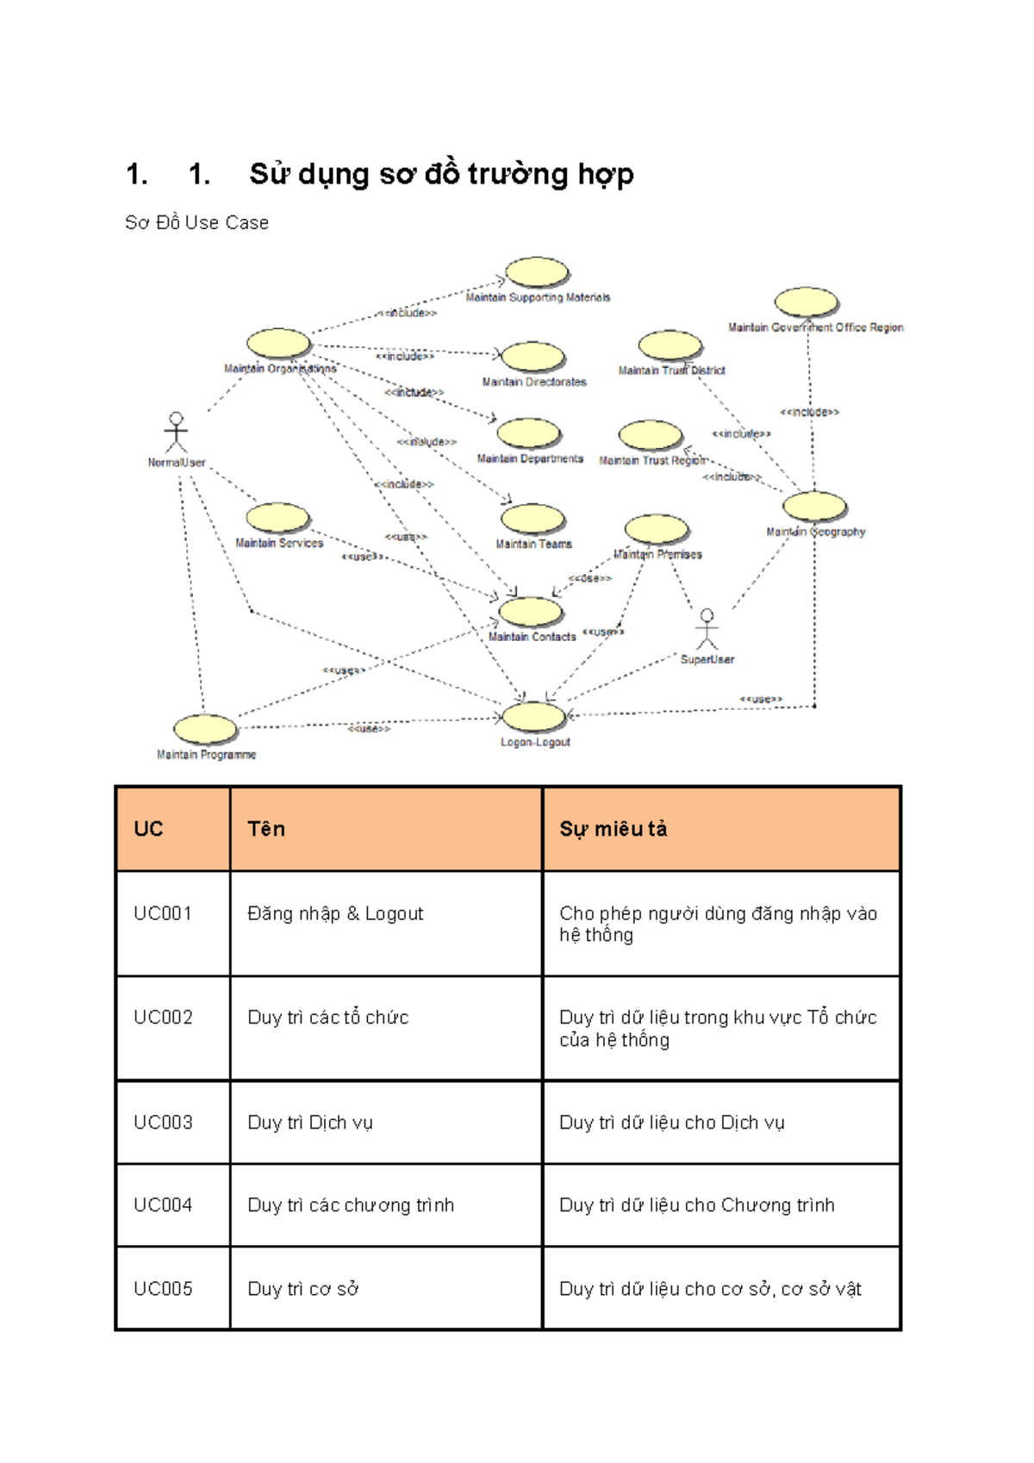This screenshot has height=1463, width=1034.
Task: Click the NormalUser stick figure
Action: coord(177,433)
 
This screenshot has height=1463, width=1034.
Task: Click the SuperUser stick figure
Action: coord(707,629)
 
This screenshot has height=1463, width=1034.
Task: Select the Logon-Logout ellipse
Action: coord(533,716)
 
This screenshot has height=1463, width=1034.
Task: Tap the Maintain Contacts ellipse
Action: coord(531,612)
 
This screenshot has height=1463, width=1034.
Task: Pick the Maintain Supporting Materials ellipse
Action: coord(537,272)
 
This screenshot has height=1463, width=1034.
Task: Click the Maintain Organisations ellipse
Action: coord(278,343)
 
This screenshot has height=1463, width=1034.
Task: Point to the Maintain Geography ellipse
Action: coord(814,507)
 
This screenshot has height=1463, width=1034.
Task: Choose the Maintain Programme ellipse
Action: coord(205,729)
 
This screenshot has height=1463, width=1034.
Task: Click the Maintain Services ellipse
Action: coord(277,518)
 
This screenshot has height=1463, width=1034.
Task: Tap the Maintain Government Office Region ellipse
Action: coord(806,302)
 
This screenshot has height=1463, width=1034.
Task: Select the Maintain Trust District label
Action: coord(671,370)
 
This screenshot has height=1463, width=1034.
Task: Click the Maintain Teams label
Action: coord(533,545)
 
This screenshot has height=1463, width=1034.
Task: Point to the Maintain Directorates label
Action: coord(534,382)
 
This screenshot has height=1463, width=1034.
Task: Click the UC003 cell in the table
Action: coord(163,1122)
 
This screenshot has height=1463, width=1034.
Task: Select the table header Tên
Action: coord(266,829)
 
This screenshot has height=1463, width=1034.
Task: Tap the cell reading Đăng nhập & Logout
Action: coord(335,913)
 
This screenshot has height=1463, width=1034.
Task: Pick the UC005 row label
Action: coord(163,1288)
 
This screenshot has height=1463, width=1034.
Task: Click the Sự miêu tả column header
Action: coord(613,829)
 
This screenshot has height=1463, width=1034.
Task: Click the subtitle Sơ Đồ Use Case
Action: coord(196,222)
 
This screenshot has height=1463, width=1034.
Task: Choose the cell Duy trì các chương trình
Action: coord(350,1205)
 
